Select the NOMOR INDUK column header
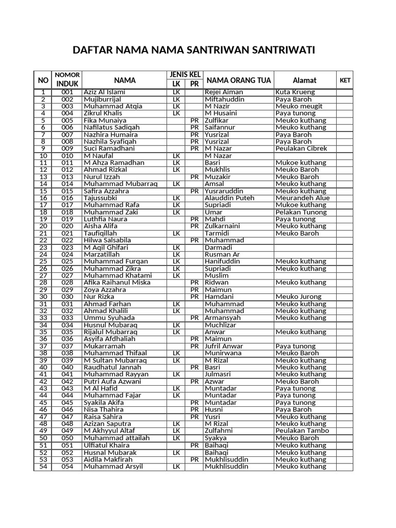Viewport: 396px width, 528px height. pos(67,80)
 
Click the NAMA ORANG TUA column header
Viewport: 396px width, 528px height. pos(239,80)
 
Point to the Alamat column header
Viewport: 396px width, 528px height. pos(304,80)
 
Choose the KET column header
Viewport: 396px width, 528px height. pos(345,80)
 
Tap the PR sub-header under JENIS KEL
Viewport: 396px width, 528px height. pos(194,84)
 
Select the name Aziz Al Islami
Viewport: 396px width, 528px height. pos(105,92)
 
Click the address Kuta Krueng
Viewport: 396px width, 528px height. pos(295,92)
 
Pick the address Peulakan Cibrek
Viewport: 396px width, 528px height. pos(302,148)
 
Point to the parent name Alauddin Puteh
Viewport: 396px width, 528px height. pos(229,198)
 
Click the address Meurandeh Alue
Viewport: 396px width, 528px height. pos(302,198)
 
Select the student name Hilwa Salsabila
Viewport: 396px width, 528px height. pos(107,240)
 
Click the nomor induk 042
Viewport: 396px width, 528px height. pos(68,382)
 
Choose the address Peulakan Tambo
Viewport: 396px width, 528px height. pos(302,431)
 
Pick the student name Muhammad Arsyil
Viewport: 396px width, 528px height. pos(113,466)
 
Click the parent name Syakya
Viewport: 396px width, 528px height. pos(216,438)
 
